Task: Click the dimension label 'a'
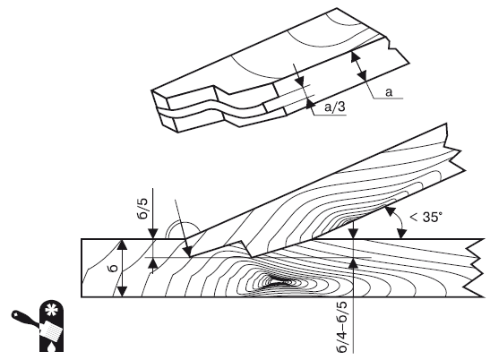(389, 92)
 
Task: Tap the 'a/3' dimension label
(335, 107)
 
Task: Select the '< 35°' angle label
(426, 217)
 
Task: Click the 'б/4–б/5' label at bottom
(342, 327)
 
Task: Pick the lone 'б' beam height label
(114, 268)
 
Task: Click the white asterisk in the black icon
(49, 310)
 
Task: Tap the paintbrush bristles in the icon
(52, 330)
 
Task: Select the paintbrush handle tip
(14, 313)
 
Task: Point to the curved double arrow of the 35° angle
(397, 222)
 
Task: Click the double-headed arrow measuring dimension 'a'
(358, 66)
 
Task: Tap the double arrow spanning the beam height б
(122, 268)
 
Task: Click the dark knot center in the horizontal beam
(278, 280)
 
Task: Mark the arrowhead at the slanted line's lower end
(188, 252)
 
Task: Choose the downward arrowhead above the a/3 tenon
(300, 81)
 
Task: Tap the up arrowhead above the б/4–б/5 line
(354, 263)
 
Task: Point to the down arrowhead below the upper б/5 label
(153, 234)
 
